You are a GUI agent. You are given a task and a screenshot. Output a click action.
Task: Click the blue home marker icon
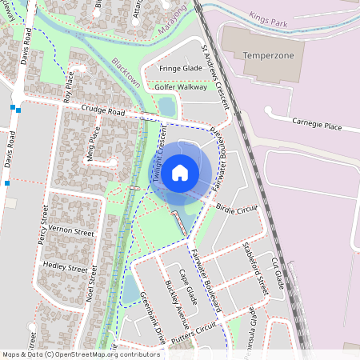180,171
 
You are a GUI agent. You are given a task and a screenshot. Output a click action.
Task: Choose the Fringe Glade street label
179,69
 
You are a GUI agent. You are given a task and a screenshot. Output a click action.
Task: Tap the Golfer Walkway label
180,86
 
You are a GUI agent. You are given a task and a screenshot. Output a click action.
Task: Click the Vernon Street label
71,230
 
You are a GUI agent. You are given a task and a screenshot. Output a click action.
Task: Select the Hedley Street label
65,266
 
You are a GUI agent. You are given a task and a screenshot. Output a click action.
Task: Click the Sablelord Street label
255,263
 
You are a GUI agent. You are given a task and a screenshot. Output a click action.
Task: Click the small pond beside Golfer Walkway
166,106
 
